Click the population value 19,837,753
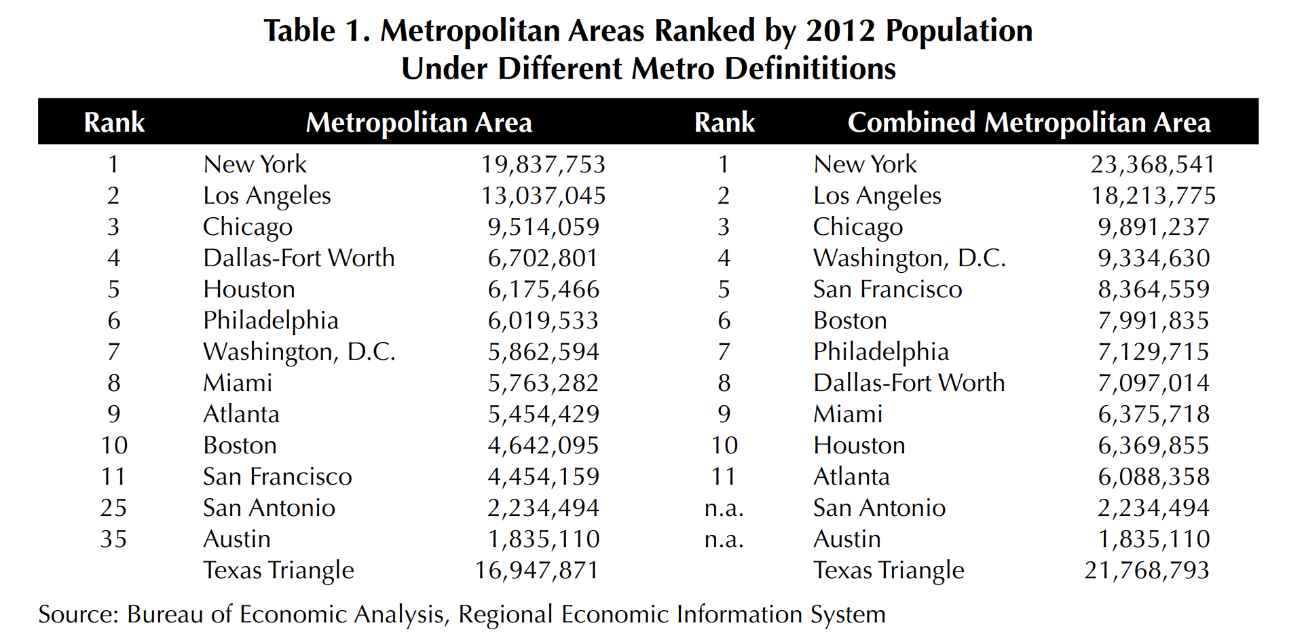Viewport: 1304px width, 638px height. pyautogui.click(x=543, y=164)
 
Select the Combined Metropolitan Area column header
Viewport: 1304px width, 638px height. pyautogui.click(x=1028, y=123)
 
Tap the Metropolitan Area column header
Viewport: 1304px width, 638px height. pyautogui.click(x=419, y=123)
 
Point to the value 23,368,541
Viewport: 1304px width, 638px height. pyautogui.click(x=1153, y=164)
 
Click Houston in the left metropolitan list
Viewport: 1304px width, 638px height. pyautogui.click(x=249, y=289)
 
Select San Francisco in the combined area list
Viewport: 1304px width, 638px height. pyautogui.click(x=887, y=289)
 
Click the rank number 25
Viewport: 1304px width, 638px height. pyautogui.click(x=113, y=508)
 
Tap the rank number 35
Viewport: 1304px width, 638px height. pyautogui.click(x=113, y=539)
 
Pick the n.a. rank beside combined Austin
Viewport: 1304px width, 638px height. pyautogui.click(x=724, y=539)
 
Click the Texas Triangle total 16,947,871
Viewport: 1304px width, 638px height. pyautogui.click(x=536, y=570)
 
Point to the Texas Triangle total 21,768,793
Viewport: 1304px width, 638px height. pyautogui.click(x=1147, y=570)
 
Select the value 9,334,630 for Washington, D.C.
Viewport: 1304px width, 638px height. pyautogui.click(x=1153, y=258)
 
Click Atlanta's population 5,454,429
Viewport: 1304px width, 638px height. pyautogui.click(x=543, y=414)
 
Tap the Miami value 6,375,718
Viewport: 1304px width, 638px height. pyautogui.click(x=1153, y=414)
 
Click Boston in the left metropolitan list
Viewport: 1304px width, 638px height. pyautogui.click(x=240, y=445)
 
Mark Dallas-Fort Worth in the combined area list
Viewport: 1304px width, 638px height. pyautogui.click(x=908, y=383)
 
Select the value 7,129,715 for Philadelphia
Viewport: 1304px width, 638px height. pyautogui.click(x=1153, y=352)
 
